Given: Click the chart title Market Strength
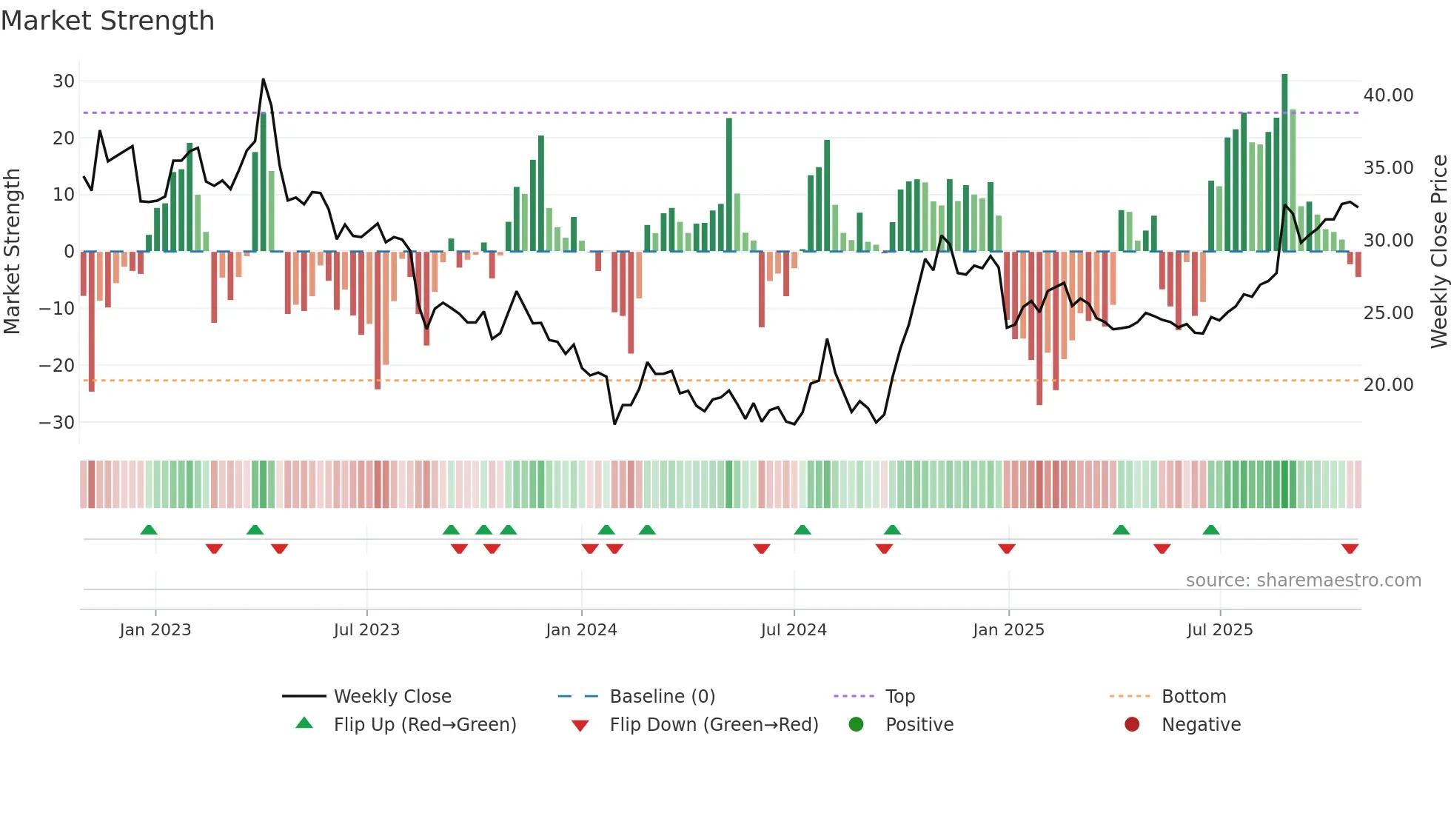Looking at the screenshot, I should (x=107, y=21).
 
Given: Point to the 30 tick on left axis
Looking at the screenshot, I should (x=63, y=81).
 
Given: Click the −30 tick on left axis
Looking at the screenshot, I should (x=57, y=422).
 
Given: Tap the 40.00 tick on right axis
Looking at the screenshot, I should (x=1388, y=96).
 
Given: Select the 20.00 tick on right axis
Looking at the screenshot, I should (x=1388, y=385).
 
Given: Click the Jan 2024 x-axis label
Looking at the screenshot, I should (x=581, y=630).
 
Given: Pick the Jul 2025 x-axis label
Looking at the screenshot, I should (x=1219, y=630).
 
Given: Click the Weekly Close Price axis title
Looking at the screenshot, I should (x=1438, y=252).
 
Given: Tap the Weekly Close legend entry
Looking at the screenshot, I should (x=392, y=697).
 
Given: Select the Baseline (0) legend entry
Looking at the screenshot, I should (x=662, y=697).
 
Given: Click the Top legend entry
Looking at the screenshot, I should (x=899, y=697).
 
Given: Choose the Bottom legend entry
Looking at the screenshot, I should (x=1193, y=697).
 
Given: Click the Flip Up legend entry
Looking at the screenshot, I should (x=424, y=725).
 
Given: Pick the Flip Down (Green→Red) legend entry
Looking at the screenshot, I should (x=713, y=725).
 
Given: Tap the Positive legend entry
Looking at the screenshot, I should (x=919, y=725).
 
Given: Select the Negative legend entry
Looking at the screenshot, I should (x=1200, y=725).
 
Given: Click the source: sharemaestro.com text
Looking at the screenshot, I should (x=1303, y=581).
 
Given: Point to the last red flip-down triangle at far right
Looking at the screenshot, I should (x=1350, y=549).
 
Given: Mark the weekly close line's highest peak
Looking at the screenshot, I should (x=263, y=79).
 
